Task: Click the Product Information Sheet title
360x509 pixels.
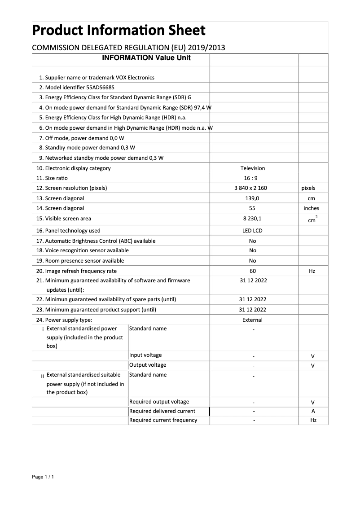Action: click(119, 31)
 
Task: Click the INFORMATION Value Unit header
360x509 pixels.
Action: click(146, 58)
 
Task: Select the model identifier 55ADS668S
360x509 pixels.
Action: click(104, 88)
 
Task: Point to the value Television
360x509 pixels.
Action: click(253, 168)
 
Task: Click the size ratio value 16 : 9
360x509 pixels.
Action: click(253, 178)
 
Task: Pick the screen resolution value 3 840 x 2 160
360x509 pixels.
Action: click(253, 188)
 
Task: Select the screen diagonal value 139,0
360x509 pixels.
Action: click(253, 198)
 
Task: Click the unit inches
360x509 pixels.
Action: click(312, 208)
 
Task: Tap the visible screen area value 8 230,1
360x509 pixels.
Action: click(253, 219)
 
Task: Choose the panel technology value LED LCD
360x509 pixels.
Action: click(253, 231)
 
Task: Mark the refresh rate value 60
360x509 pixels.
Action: click(253, 271)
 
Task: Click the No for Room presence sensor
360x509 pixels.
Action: click(253, 261)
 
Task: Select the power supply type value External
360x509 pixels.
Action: click(253, 320)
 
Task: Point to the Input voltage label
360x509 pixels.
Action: click(145, 355)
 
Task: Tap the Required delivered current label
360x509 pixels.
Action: click(162, 411)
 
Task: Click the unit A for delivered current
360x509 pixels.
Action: click(313, 411)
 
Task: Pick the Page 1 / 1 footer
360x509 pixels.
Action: click(43, 477)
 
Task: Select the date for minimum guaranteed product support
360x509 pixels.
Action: click(253, 310)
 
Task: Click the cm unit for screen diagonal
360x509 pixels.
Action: click(312, 198)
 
